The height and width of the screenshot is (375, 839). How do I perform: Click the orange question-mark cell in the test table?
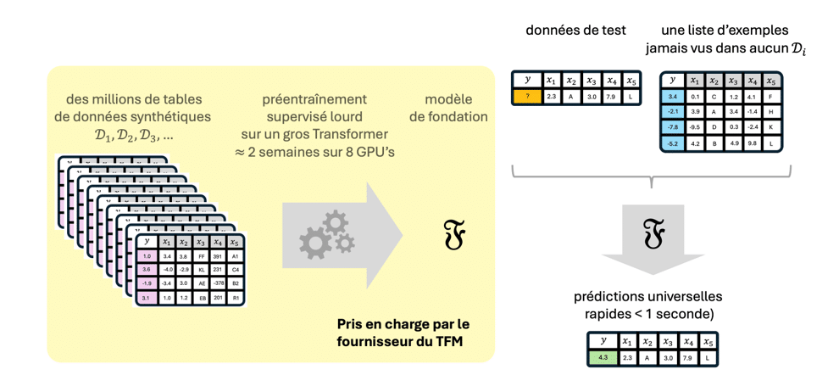pyautogui.click(x=527, y=96)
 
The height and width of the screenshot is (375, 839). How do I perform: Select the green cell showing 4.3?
pyautogui.click(x=603, y=357)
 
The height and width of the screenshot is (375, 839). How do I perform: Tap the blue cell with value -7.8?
pyautogui.click(x=673, y=127)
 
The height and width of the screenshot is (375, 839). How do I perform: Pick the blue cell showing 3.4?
pyautogui.click(x=673, y=97)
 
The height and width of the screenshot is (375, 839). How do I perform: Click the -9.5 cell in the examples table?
pyautogui.click(x=695, y=127)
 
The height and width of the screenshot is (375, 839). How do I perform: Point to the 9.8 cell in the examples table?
pyautogui.click(x=753, y=143)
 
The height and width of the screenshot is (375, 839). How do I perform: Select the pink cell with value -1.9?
pyautogui.click(x=147, y=283)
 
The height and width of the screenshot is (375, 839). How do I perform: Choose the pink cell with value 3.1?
pyautogui.click(x=147, y=298)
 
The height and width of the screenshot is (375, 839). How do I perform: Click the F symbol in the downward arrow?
pyautogui.click(x=652, y=232)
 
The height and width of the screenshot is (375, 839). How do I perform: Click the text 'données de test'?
pyautogui.click(x=575, y=31)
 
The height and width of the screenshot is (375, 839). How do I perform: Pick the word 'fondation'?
pyautogui.click(x=448, y=117)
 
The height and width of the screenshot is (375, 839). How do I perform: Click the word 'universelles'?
pyautogui.click(x=681, y=298)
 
